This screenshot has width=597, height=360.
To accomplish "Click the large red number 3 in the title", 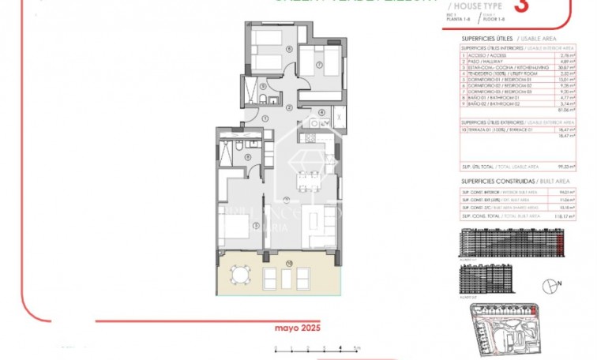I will click(x=520, y=6).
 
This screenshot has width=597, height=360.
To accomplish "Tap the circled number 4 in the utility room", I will click(x=322, y=112).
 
